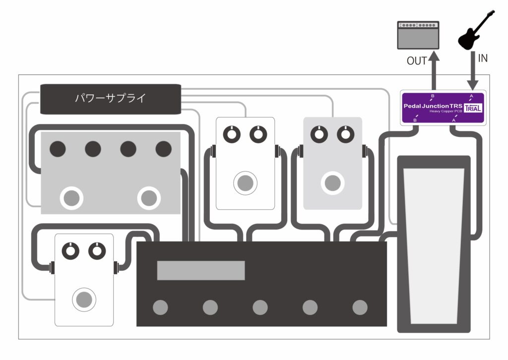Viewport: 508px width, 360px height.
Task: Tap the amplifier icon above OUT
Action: click(418, 35)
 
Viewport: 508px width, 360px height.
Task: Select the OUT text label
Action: click(417, 60)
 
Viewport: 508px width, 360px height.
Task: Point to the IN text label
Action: click(482, 58)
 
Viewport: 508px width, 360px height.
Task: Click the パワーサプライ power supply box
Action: click(110, 98)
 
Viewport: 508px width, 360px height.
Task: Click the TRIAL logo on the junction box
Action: click(473, 109)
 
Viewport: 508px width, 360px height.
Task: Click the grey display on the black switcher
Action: click(201, 270)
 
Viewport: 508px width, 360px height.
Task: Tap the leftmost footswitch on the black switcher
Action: click(160, 307)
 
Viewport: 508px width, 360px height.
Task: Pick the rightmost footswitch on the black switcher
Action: click(360, 307)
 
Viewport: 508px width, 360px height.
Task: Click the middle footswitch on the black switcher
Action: click(260, 307)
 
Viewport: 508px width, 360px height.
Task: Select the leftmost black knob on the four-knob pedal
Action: click(58, 149)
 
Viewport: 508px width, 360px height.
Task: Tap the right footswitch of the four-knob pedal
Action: click(148, 198)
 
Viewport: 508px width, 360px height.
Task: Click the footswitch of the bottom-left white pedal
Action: click(84, 299)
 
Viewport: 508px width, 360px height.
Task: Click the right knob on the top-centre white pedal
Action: click(257, 133)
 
